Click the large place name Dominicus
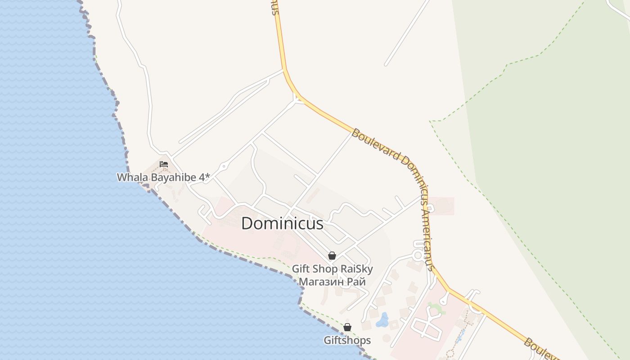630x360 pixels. pyautogui.click(x=282, y=224)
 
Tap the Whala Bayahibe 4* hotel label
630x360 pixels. pyautogui.click(x=163, y=177)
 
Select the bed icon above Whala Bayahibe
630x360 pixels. pyautogui.click(x=164, y=164)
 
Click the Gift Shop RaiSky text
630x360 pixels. pyautogui.click(x=332, y=269)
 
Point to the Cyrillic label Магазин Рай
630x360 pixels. pyautogui.click(x=332, y=282)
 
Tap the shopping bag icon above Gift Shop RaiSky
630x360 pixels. pyautogui.click(x=332, y=256)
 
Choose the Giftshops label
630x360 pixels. pyautogui.click(x=347, y=340)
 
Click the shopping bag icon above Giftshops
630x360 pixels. pyautogui.click(x=347, y=327)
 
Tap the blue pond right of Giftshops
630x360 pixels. pyautogui.click(x=383, y=320)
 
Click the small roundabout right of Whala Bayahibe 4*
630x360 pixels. pyautogui.click(x=224, y=166)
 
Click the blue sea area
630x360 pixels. pyautogui.click(x=67, y=202)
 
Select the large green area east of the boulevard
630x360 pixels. pyautogui.click(x=553, y=157)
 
